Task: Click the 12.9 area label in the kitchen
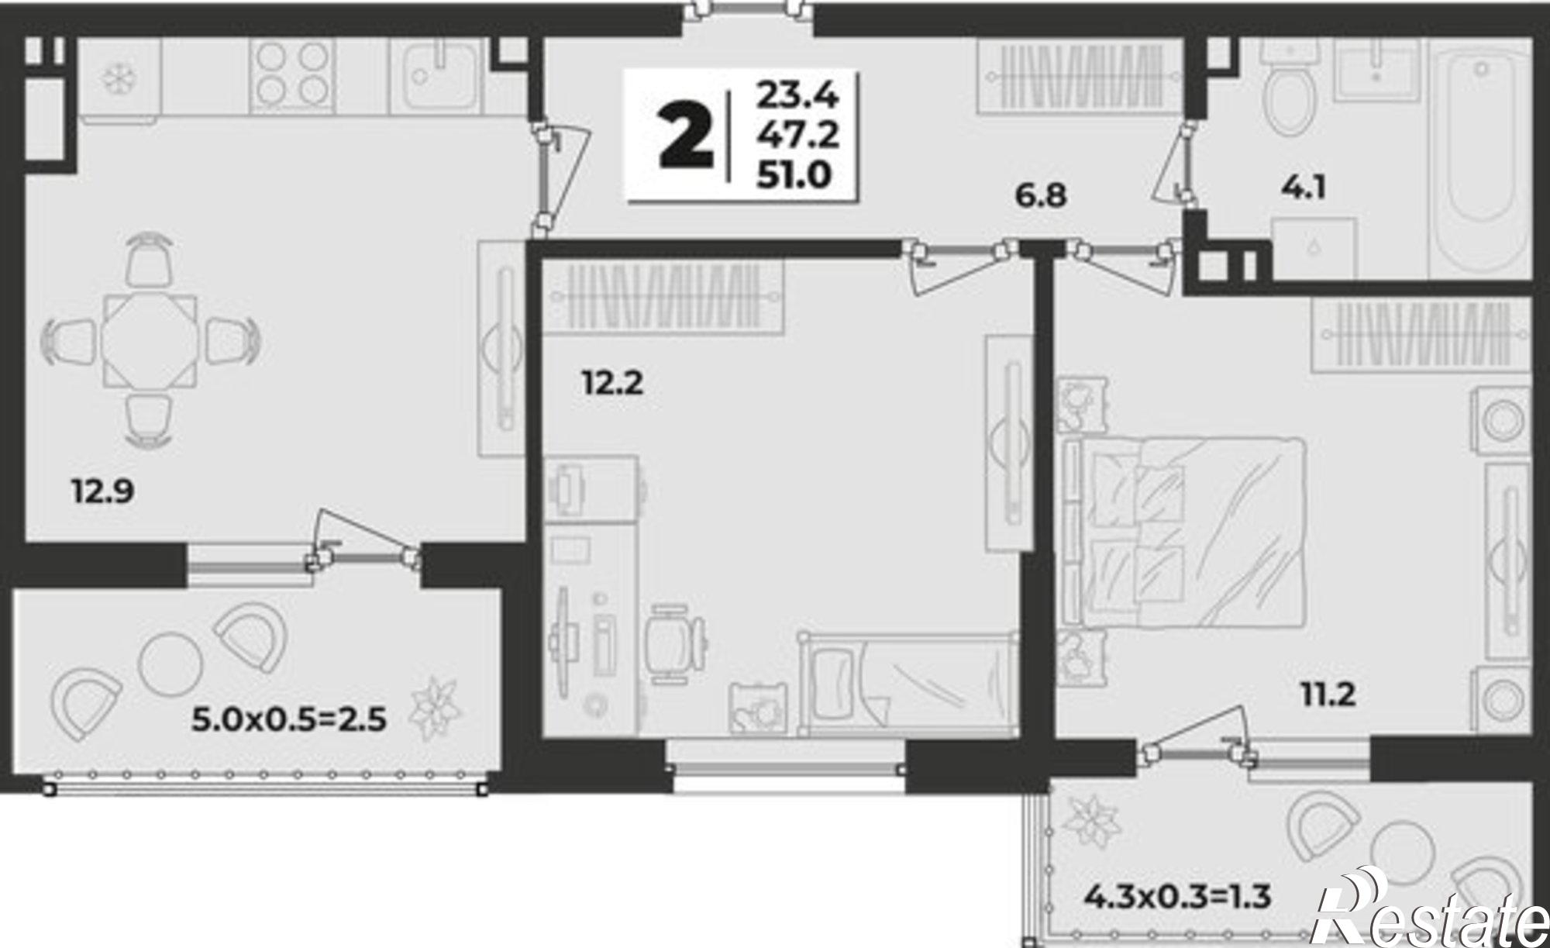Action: point(103,491)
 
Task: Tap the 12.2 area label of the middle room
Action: point(613,383)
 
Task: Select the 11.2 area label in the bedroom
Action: point(1328,695)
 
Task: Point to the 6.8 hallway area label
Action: point(1041,196)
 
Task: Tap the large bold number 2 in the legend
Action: point(686,137)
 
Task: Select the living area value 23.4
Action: point(797,96)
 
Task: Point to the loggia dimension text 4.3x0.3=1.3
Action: point(1176,898)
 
